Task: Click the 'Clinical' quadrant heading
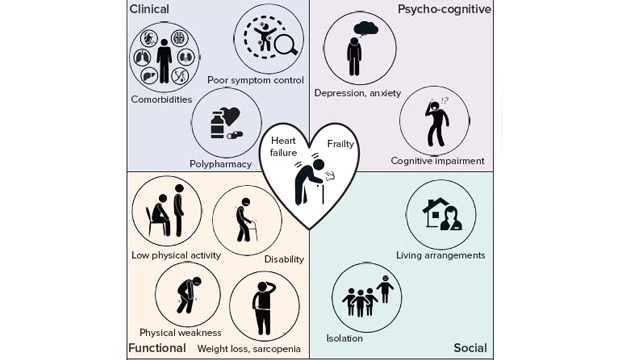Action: point(149,9)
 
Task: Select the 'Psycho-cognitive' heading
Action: point(444,9)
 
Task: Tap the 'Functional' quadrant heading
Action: point(157,348)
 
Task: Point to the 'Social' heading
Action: point(470,348)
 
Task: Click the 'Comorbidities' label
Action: point(162,100)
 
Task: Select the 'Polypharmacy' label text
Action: point(220,164)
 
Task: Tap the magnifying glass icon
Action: point(286,44)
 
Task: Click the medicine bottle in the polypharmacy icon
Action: point(218,125)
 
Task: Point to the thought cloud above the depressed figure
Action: point(366,29)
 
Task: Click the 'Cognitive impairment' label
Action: point(438,161)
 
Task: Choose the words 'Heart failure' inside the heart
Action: point(283,147)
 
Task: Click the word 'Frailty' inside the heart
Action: point(340,144)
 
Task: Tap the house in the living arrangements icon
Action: point(436,212)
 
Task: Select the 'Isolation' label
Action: point(344,338)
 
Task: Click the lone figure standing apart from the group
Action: point(385,289)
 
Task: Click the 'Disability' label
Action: point(284,259)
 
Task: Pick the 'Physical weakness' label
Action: point(180,333)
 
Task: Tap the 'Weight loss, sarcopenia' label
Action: point(249,349)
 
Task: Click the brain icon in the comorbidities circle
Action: point(179,39)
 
